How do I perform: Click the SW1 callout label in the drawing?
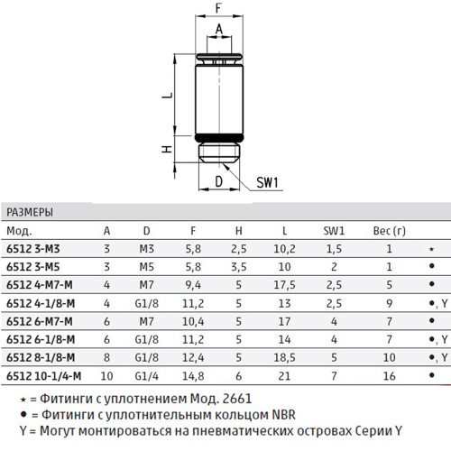coord(267,182)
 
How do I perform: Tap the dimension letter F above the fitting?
coord(218,7)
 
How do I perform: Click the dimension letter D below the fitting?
coord(219,181)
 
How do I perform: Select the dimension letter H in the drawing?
coord(167,149)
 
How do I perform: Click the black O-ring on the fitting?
coord(219,138)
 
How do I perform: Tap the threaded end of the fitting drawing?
coord(219,153)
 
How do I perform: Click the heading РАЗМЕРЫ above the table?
coord(30,212)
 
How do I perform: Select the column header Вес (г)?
coord(390,231)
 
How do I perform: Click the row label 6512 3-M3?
coord(33,249)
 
